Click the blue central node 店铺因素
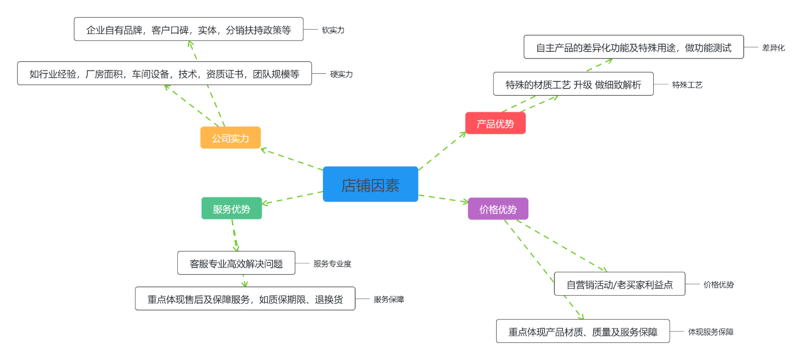pos(370,184)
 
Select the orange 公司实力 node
pos(230,137)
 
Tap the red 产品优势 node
pos(495,123)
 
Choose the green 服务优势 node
pos(231,209)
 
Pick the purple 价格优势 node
pos(497,209)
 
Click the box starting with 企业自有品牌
pos(189,29)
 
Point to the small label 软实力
pos(333,30)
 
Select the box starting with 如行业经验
pos(164,73)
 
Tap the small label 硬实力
pos(341,74)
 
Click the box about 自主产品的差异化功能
pos(633,47)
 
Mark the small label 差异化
pos(773,47)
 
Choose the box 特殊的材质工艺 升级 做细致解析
pos(573,84)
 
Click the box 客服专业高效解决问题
pos(236,263)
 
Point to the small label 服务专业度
pos(332,264)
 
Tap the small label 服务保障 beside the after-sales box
pos(388,299)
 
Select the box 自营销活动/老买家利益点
pos(619,284)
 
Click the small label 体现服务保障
pos(710,332)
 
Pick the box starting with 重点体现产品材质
pos(583,331)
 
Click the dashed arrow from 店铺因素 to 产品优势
pos(441,151)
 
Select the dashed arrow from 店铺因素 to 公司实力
pos(292,160)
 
